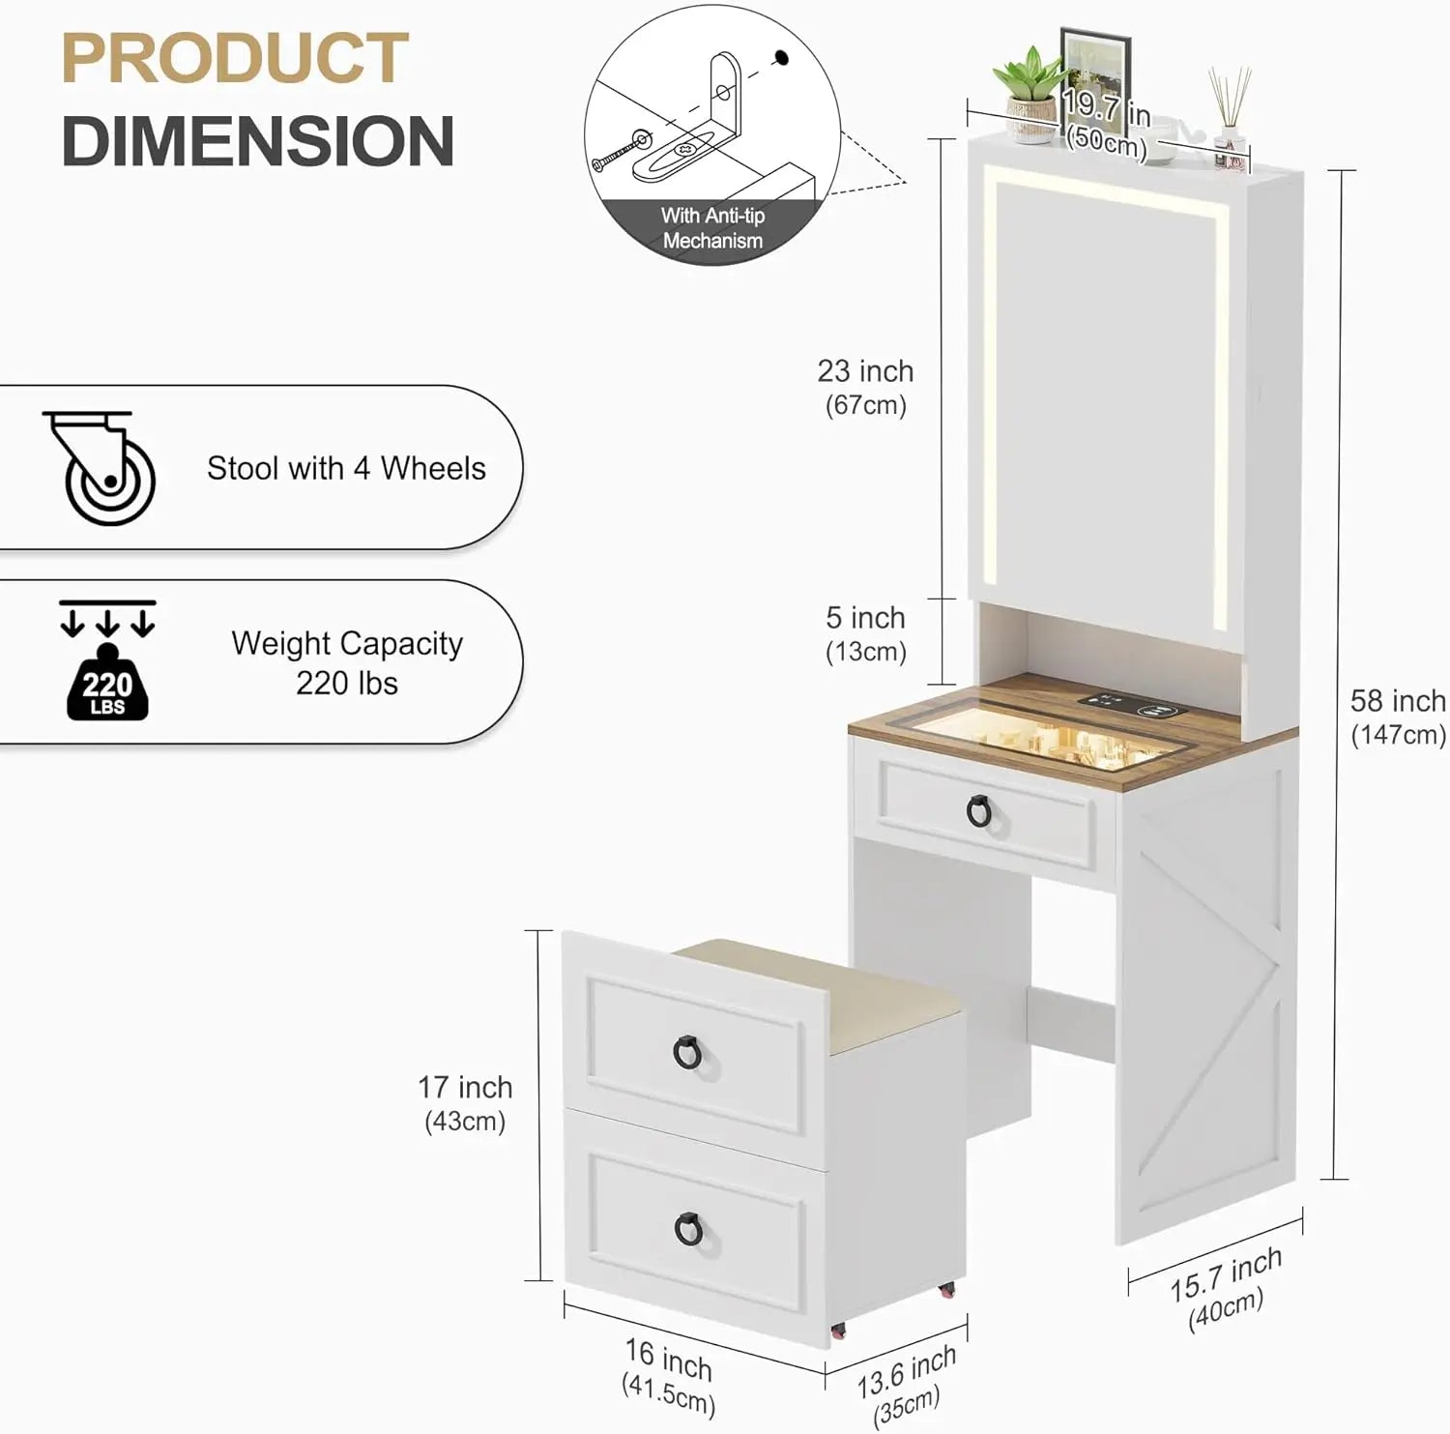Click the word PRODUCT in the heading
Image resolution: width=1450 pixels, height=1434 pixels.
point(235,59)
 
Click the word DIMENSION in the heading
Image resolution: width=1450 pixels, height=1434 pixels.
point(258,141)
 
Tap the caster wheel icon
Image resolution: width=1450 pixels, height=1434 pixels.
point(101,469)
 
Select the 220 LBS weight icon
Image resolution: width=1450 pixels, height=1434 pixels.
point(107,677)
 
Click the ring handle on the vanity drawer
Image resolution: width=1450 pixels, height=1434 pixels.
point(979,811)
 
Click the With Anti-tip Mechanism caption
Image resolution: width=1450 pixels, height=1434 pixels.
point(712,228)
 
